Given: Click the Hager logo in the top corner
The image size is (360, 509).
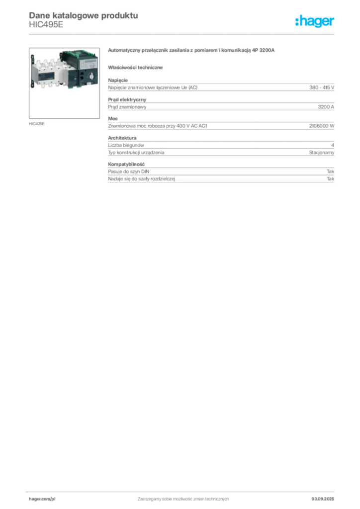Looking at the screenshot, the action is tap(315, 21).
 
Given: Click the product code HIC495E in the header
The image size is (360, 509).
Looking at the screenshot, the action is tap(46, 25).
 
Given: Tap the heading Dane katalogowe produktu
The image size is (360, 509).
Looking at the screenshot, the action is tap(84, 15).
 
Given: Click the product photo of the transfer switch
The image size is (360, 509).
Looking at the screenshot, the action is tap(64, 83).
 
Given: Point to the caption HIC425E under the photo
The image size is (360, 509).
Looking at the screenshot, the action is tap(37, 124).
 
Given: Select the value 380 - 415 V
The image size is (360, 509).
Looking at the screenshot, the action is tap(322, 87).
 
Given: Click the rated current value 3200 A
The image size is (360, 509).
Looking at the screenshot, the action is tap(326, 107).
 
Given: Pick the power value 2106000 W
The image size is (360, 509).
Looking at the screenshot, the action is tap(321, 126).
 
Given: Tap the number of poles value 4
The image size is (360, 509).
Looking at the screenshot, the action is tap(333, 145).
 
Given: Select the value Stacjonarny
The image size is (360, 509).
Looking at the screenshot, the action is tap(321, 152).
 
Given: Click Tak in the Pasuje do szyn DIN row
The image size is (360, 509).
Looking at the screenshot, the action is tap(331, 171).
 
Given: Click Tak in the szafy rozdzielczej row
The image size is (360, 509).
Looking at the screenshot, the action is tap(331, 178).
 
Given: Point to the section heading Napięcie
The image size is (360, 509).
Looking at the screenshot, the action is tap(118, 80).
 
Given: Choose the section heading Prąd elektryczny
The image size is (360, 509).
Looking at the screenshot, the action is tap(127, 99).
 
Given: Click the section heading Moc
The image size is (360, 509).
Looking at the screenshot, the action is tap(113, 118).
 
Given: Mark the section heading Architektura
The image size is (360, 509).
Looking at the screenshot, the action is tap(122, 138).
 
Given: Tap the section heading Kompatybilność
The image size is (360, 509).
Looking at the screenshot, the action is tap(126, 164).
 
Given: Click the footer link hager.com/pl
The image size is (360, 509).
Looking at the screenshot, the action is tap(42, 499).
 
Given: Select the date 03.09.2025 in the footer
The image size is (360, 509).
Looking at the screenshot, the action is tap(323, 499).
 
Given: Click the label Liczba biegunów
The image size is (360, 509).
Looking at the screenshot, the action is tap(126, 145).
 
